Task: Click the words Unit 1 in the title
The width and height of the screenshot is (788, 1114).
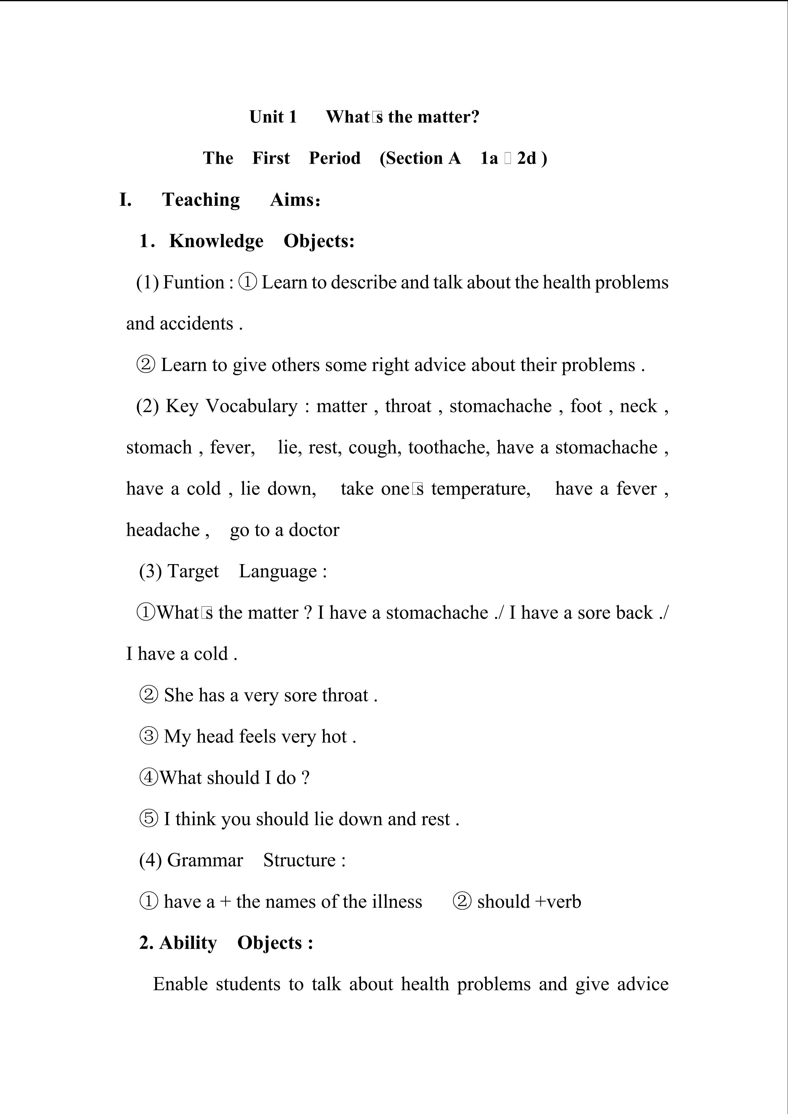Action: point(273,117)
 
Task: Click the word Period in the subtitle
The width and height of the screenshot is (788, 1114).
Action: point(335,158)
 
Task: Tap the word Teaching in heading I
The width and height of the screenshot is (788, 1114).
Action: point(201,200)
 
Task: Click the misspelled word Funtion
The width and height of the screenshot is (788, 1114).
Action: point(194,282)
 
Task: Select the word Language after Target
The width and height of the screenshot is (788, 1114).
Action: point(278,571)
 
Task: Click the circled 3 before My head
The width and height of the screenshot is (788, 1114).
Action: point(149,736)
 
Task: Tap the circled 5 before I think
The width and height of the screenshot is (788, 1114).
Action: point(149,819)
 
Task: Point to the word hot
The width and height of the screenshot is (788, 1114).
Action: point(334,736)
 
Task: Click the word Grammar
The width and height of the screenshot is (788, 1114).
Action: point(205,860)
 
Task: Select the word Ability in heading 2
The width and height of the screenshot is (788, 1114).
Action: point(188,943)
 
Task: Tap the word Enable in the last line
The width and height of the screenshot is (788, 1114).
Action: point(180,984)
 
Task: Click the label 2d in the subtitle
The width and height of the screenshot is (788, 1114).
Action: point(527,158)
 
